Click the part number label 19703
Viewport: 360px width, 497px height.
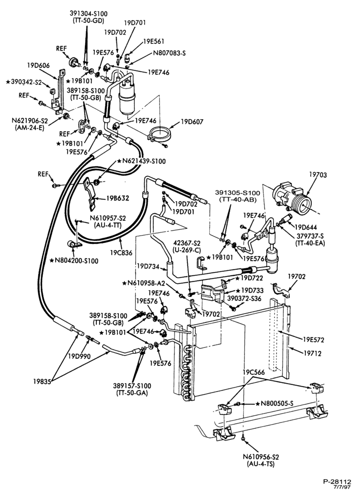tap(318, 174)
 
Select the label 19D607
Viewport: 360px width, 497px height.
tap(192, 122)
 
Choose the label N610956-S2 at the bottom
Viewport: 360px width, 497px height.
tap(261, 457)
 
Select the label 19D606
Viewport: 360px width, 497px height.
tap(38, 65)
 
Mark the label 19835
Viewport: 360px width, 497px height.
tap(42, 381)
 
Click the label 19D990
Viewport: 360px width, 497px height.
tap(79, 356)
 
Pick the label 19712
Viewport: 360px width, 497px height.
tap(312, 353)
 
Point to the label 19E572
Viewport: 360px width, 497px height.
tap(313, 340)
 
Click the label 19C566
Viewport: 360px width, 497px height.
tap(254, 372)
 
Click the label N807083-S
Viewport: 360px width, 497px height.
tap(170, 53)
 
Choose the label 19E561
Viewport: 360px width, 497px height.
tap(154, 42)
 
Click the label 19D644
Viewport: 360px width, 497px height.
tap(306, 227)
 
